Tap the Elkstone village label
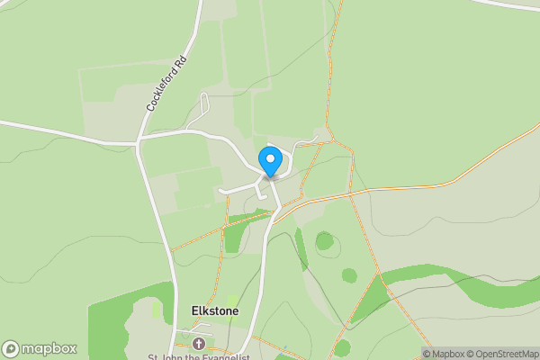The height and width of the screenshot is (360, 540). tap(215, 310)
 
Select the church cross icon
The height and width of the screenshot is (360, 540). tap(199, 345)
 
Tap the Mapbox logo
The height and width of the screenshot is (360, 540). tap(40, 348)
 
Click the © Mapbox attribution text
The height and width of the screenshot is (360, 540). tap(445, 353)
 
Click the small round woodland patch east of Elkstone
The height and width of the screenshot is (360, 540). tap(324, 240)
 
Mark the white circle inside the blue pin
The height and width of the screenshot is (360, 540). tap(270, 158)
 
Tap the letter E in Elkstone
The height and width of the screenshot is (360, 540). tap(195, 310)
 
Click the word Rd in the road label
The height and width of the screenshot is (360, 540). tap(182, 64)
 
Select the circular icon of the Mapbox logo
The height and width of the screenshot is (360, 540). tap(11, 349)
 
